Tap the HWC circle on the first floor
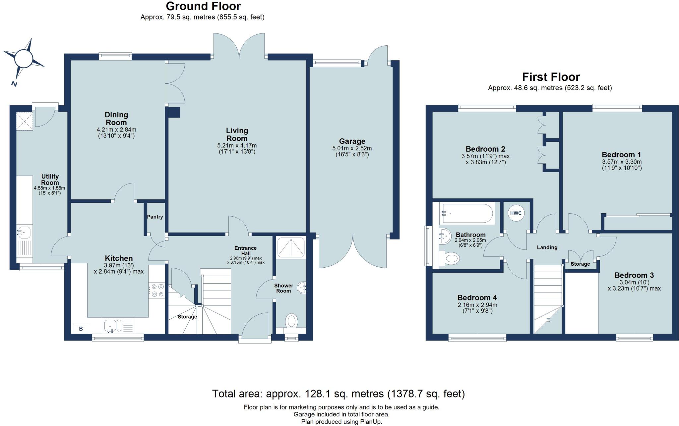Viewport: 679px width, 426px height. (516, 213)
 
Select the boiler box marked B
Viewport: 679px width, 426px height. (81, 329)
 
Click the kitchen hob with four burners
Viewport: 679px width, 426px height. (156, 290)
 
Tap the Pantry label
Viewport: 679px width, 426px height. (155, 217)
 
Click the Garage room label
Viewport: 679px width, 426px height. (352, 141)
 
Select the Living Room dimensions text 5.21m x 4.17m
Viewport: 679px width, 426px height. (237, 146)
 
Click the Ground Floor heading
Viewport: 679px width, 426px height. (203, 6)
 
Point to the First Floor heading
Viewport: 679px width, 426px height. (551, 77)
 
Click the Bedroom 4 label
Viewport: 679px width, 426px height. (477, 298)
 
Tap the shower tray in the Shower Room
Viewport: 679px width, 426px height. (290, 247)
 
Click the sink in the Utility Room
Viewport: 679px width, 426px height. (24, 232)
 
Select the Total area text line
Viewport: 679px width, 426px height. (338, 394)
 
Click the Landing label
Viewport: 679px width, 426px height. (547, 247)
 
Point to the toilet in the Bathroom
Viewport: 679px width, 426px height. (451, 258)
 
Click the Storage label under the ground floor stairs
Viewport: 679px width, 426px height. (187, 317)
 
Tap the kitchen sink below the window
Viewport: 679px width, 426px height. (110, 326)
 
